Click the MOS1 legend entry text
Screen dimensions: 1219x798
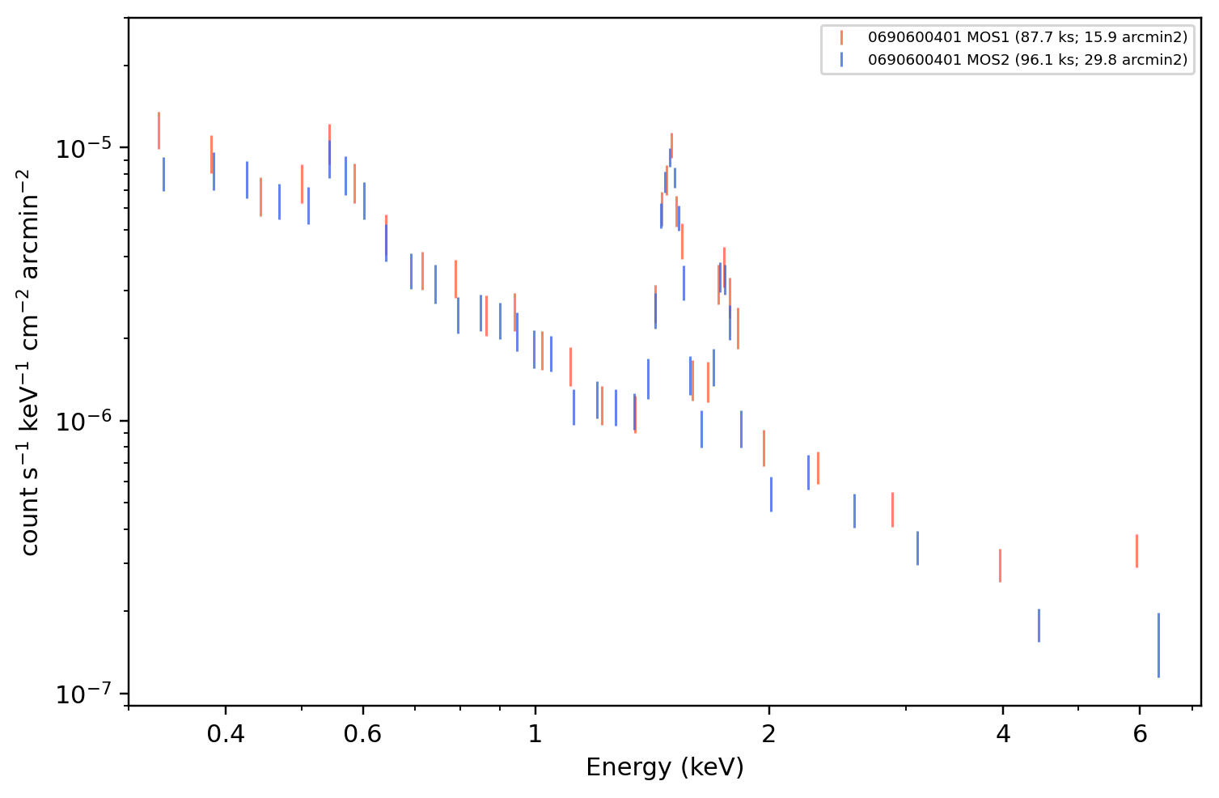[1027, 37]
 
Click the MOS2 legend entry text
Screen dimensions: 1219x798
[1027, 59]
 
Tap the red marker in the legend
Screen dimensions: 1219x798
[841, 37]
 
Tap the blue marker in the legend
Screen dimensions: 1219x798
[841, 59]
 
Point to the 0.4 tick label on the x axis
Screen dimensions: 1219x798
[226, 734]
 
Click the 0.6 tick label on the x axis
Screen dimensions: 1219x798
[362, 734]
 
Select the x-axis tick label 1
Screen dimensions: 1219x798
[535, 734]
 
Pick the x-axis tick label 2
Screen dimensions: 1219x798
[768, 734]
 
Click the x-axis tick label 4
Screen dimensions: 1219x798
[1003, 734]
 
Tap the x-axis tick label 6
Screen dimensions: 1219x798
[1140, 734]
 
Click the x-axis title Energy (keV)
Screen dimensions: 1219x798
[664, 767]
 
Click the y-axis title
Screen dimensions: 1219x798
[29, 363]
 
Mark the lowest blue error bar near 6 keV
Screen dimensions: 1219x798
[1158, 645]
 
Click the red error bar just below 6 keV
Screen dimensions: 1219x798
[1136, 551]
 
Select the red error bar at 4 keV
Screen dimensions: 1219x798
[1001, 566]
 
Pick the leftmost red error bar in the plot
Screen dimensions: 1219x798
[159, 130]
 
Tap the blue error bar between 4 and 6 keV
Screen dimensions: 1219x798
[1039, 626]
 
